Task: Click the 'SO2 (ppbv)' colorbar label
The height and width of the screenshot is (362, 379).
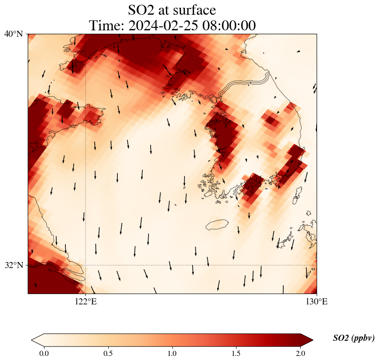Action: pos(353,338)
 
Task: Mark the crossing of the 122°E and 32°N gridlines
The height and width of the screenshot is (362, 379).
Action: pos(85,265)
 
